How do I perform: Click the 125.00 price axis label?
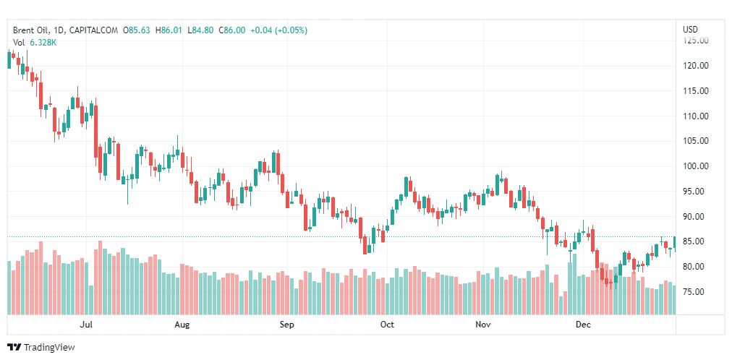pyautogui.click(x=695, y=40)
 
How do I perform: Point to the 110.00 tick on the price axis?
pyautogui.click(x=695, y=116)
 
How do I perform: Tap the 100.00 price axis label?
pyautogui.click(x=695, y=166)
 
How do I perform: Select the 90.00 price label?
pyautogui.click(x=695, y=217)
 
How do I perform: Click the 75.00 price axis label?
pyautogui.click(x=695, y=292)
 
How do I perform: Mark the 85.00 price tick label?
pyautogui.click(x=695, y=241)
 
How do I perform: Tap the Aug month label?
pyautogui.click(x=182, y=325)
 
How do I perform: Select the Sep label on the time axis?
pyautogui.click(x=287, y=325)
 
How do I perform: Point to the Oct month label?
pyautogui.click(x=387, y=325)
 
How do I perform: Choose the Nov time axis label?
pyautogui.click(x=483, y=325)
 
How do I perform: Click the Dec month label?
pyautogui.click(x=583, y=325)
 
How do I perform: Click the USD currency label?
pyautogui.click(x=691, y=30)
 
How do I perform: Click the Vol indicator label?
pyautogui.click(x=19, y=43)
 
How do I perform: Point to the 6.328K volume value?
pyautogui.click(x=44, y=43)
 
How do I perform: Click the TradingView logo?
pyautogui.click(x=41, y=347)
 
